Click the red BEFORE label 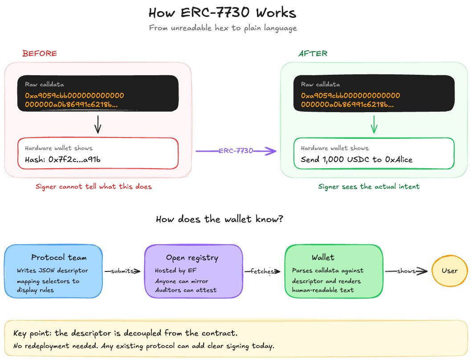tap(40, 53)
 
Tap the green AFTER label tap(313, 53)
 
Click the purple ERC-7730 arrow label tap(236, 151)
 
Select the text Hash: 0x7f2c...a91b tap(63, 159)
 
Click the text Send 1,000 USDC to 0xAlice tap(357, 159)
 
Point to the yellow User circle tap(450, 271)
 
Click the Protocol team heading tap(59, 258)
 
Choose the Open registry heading tap(192, 258)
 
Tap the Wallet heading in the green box tap(323, 258)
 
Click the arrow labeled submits tap(122, 271)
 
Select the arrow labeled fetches tap(262, 271)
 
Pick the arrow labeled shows tap(406, 271)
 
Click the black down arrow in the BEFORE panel tap(98, 124)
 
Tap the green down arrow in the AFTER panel tap(374, 124)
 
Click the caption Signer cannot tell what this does tap(94, 186)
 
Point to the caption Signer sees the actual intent tap(369, 187)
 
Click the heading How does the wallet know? tap(220, 219)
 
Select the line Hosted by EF tap(175, 271)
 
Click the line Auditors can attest tap(186, 290)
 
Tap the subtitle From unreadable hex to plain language tap(223, 28)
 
